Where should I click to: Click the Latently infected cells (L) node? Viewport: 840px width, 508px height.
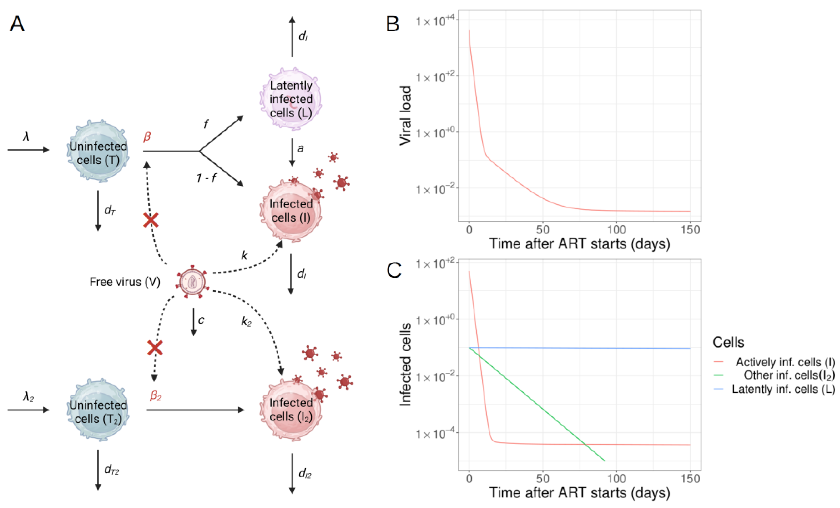tap(291, 99)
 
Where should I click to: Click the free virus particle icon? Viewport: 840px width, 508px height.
tap(192, 282)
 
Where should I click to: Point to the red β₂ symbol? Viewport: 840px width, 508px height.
tap(155, 395)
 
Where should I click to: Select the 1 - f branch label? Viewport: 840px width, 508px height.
tap(206, 178)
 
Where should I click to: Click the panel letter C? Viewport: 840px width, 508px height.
tap(394, 271)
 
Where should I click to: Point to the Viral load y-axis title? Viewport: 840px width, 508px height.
tap(405, 116)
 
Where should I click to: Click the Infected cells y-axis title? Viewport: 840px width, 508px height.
tap(405, 364)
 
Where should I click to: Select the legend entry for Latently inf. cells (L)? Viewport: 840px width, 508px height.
tap(783, 389)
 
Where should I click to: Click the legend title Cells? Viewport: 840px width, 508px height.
tap(728, 342)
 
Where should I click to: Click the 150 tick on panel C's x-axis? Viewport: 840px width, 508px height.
tap(690, 479)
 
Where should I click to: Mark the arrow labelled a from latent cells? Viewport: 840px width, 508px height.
tap(292, 152)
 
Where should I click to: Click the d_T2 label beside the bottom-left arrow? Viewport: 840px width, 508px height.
tap(111, 470)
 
